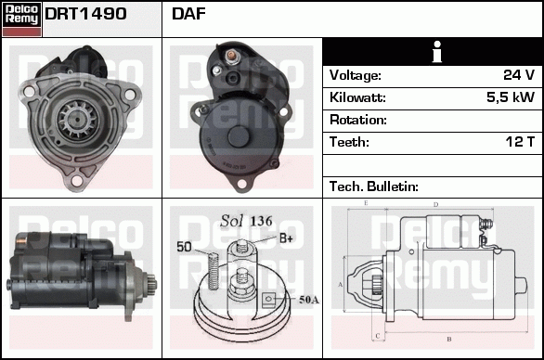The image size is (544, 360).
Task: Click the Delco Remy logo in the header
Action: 22,18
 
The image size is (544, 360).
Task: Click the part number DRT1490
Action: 85,15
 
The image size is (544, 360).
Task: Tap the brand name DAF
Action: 188,15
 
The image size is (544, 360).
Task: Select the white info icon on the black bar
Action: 434,52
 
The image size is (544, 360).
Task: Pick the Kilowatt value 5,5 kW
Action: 511,97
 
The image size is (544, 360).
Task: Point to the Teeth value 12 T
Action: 518,142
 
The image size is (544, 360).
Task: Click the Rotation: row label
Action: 358,120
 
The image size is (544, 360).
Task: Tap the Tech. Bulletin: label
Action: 374,186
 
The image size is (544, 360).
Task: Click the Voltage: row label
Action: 355,75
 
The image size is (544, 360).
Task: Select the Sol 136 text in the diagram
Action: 246,221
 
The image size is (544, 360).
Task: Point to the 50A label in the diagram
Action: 309,300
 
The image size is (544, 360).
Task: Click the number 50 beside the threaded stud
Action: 184,247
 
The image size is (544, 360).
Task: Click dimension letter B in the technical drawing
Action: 449,338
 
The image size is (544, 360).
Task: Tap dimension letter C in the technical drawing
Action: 376,334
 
